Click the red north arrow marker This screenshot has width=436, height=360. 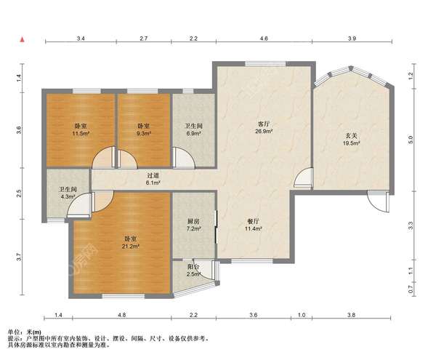pos(23,40)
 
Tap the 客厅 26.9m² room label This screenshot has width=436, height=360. pos(264,127)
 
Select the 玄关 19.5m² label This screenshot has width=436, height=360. pos(351,140)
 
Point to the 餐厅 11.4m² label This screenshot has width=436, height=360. pos(254,225)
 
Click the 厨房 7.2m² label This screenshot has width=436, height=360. pos(193,225)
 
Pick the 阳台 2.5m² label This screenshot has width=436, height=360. pos(194,270)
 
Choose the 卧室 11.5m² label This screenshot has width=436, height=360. pos(81,129)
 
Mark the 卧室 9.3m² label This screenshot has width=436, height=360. pos(143,129)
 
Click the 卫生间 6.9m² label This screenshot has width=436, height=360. pos(193,129)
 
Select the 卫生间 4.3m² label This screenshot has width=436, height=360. pos(67,193)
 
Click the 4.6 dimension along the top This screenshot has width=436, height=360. pos(264,39)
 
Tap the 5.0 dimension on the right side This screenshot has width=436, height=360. pos(411,140)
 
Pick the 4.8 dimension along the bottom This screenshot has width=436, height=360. pos(122,315)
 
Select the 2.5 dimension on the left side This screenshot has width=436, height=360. pos(19,193)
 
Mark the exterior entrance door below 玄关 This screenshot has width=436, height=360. pos(378,202)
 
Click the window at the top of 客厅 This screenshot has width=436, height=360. pos(265,64)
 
